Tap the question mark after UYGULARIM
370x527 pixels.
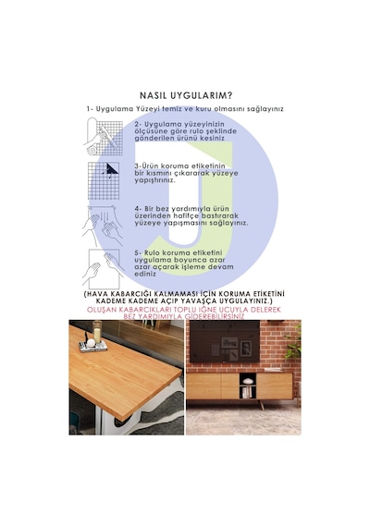click(229, 95)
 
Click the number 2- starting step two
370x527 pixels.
click(138, 125)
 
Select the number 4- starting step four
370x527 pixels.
click(138, 209)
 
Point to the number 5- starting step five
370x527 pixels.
click(138, 252)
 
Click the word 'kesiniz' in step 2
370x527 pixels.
click(213, 138)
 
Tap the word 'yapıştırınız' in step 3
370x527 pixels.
click(154, 180)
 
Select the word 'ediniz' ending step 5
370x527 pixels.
click(145, 274)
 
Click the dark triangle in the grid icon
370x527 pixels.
click(112, 168)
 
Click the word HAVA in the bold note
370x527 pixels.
click(96, 294)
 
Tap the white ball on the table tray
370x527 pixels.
click(91, 343)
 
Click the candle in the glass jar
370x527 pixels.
click(97, 334)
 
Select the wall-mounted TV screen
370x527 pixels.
click(223, 341)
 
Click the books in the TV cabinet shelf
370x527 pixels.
click(248, 392)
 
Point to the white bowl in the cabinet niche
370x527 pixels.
click(248, 381)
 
